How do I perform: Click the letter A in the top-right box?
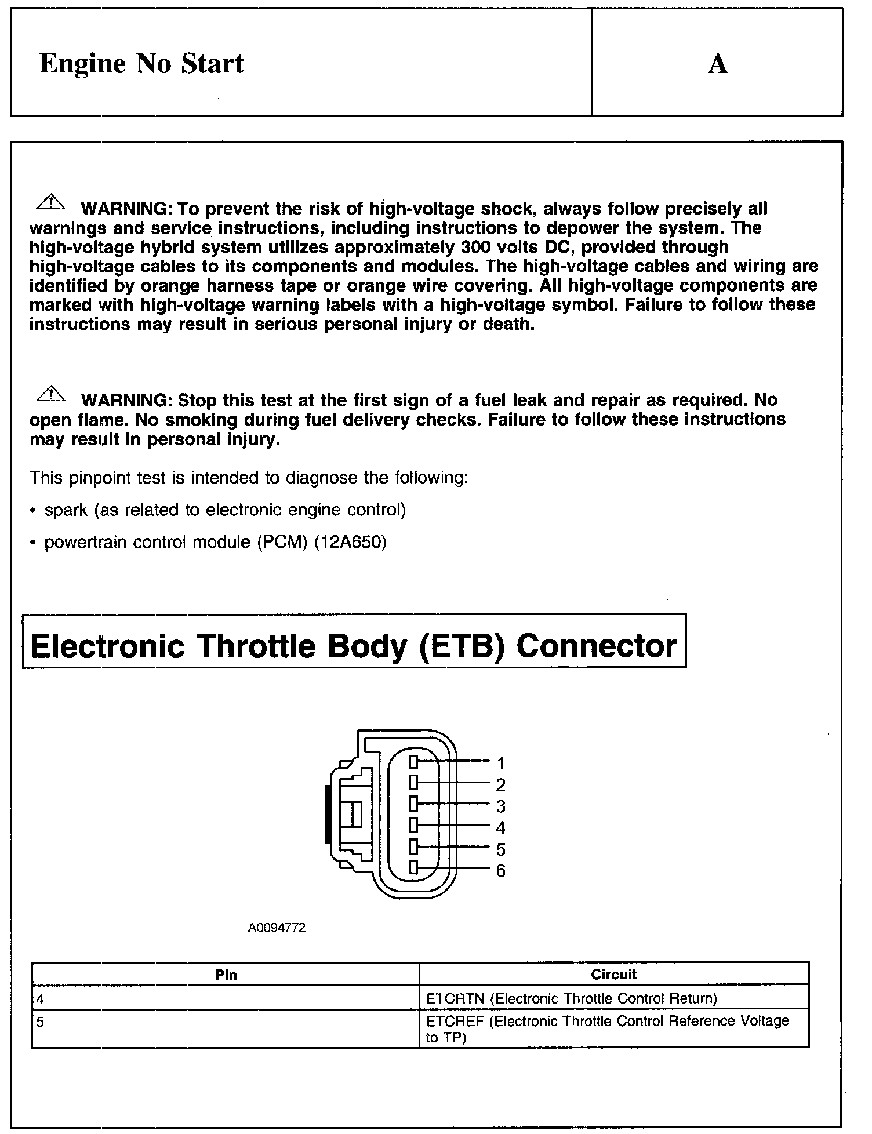click(718, 64)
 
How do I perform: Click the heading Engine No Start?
click(141, 63)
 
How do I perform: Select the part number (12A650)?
click(350, 542)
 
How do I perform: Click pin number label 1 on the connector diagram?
click(501, 763)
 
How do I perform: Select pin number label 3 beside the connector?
click(501, 806)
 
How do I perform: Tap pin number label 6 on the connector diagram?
click(501, 871)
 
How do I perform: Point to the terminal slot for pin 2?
click(413, 783)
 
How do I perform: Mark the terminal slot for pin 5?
click(413, 847)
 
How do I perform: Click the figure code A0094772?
click(277, 928)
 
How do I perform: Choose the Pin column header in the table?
click(226, 975)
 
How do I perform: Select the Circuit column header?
click(613, 975)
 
